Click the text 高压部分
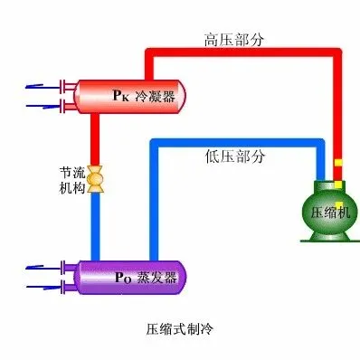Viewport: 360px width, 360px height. (x=234, y=40)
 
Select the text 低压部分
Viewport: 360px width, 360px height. (x=235, y=156)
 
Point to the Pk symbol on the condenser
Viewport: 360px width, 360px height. (x=120, y=95)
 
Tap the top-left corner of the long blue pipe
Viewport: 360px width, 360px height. (x=154, y=142)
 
